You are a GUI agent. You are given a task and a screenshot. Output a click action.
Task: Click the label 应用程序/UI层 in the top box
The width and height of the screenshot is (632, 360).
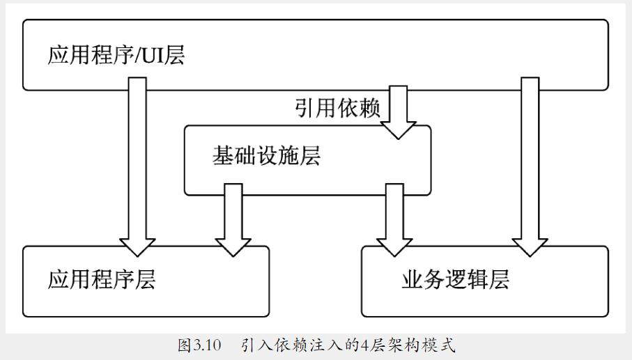[116, 55]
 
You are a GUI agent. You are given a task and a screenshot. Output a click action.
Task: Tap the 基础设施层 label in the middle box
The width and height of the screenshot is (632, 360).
[265, 156]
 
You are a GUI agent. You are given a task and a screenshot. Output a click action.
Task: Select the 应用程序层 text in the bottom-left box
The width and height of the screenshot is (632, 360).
[102, 280]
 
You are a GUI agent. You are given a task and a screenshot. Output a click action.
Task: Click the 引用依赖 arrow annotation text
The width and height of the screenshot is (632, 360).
[337, 109]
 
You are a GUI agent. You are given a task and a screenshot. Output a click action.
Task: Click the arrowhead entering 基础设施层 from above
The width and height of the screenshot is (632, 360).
[398, 130]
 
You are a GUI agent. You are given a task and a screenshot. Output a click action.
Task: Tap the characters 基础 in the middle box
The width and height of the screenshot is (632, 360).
[225, 156]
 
